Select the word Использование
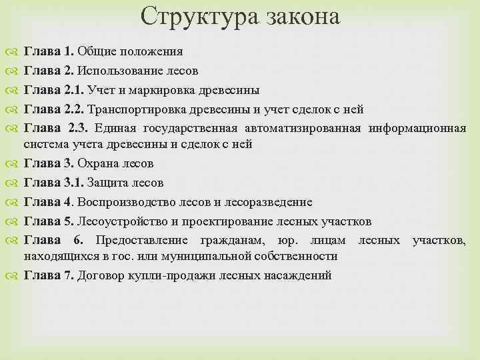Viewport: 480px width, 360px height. tap(115, 70)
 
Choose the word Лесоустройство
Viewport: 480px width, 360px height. tap(119, 221)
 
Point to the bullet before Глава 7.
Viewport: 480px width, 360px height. tap(14, 275)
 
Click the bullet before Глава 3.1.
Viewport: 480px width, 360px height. tap(14, 182)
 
